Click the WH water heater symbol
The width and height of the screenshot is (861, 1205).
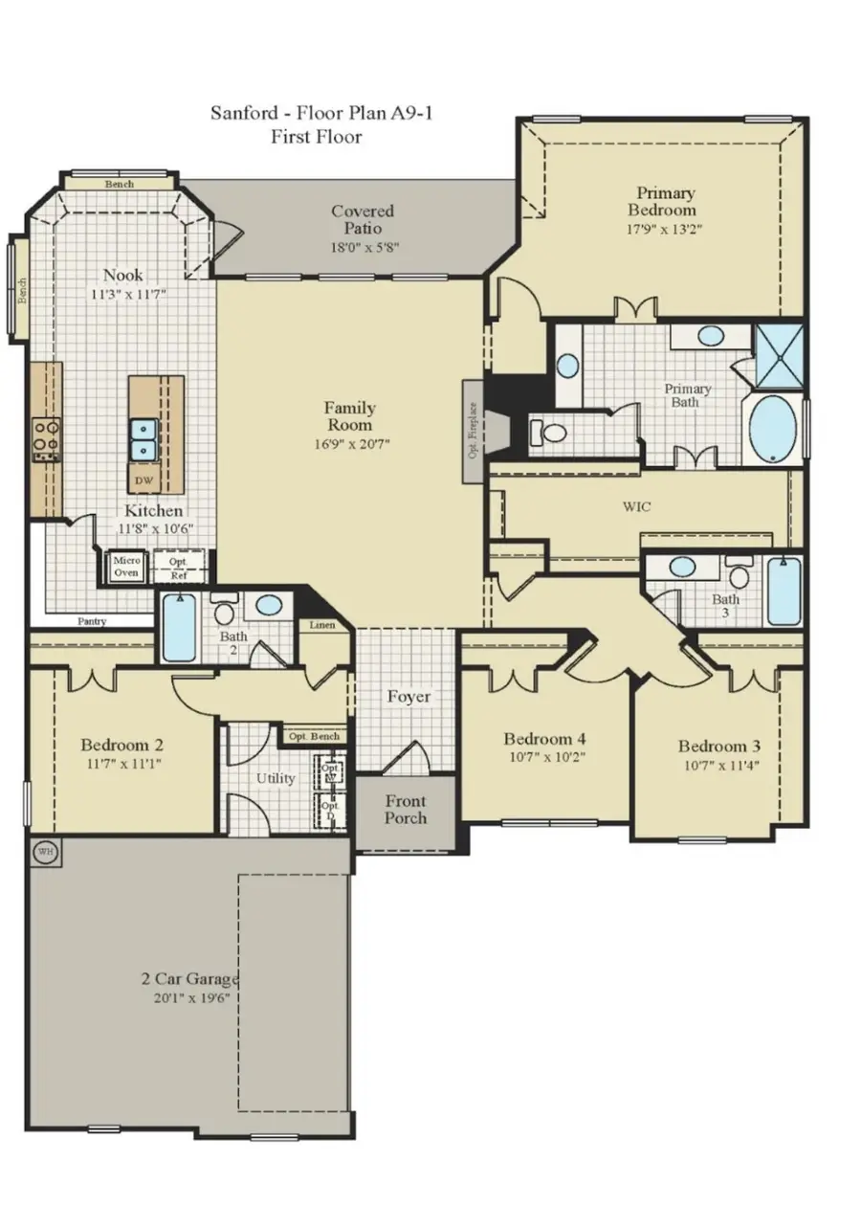click(x=44, y=852)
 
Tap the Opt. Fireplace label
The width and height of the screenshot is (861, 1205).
click(x=473, y=432)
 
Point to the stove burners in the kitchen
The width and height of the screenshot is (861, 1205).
click(x=46, y=440)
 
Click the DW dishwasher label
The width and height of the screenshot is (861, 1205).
click(x=143, y=480)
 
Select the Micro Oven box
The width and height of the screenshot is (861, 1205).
click(x=126, y=567)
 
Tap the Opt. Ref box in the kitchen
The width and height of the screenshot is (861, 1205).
click(x=179, y=568)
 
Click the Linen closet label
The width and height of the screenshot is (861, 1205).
click(x=320, y=626)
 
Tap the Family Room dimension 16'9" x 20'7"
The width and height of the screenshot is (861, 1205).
click(x=349, y=443)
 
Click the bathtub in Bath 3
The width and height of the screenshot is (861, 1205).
click(x=784, y=591)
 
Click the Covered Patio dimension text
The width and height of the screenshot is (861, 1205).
click(x=363, y=246)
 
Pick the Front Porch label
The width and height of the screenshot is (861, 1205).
click(x=406, y=810)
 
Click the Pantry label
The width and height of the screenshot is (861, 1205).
click(x=93, y=621)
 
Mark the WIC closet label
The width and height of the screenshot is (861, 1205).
click(x=636, y=506)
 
